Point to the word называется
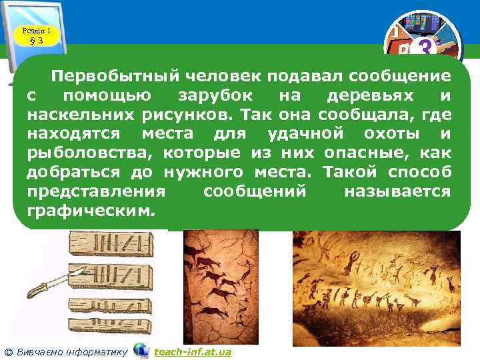(x=397, y=191)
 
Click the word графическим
(x=90, y=211)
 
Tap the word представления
(x=96, y=191)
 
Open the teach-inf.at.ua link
(x=192, y=351)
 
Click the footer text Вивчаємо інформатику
(x=71, y=351)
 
